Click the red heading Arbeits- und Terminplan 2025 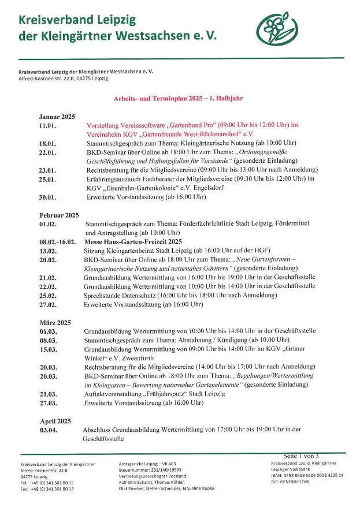[179, 99]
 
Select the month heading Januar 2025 [57, 116]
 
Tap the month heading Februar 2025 [58, 215]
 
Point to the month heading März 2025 [55, 322]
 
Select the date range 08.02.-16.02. [58, 241]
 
